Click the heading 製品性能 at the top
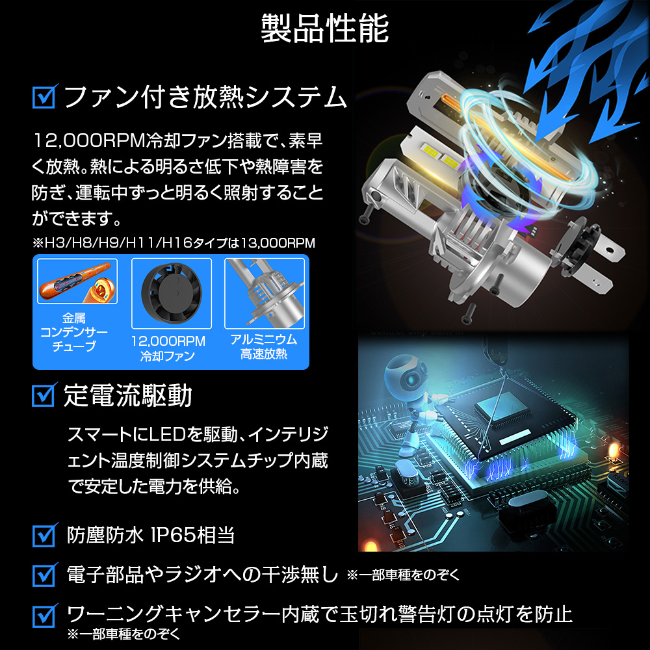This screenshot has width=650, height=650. pos(324,29)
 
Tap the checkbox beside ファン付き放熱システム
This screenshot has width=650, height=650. pos(44,97)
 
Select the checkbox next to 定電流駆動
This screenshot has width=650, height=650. pos(44,395)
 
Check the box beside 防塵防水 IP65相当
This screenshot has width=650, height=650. pos(44,535)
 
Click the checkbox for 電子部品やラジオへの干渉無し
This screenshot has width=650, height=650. pos(44,575)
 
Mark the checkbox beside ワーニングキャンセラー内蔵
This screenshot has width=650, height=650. pos(44,615)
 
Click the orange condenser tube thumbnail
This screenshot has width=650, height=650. pos(77,281)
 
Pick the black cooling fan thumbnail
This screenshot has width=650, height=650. pos(171,293)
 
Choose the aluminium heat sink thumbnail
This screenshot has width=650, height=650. pos(265,293)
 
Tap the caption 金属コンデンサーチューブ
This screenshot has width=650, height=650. pos(74,332)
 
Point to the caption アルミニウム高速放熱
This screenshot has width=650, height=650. pos(264,346)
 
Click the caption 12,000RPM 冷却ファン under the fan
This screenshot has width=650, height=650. pos(168,348)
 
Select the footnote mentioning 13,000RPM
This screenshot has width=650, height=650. pos(174,243)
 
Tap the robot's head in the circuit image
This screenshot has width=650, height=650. pos(405,374)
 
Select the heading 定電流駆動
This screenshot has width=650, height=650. pos(127,395)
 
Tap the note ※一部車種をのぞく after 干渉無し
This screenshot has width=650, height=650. pos(404,575)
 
